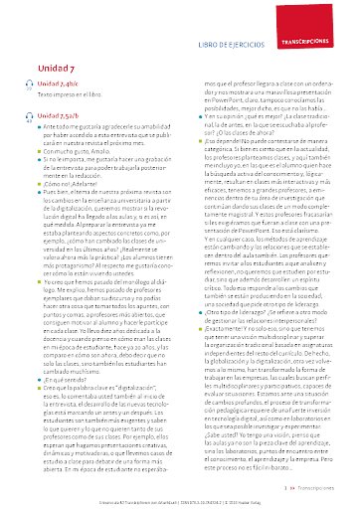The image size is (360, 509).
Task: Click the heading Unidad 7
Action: [x=56, y=66]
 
